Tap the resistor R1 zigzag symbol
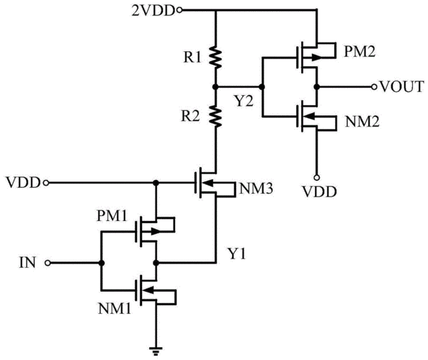point(215,58)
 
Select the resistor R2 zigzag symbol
point(215,117)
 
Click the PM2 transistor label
point(360,51)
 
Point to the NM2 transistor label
point(362,122)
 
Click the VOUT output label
point(402,86)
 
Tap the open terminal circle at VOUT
point(374,87)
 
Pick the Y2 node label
point(244,102)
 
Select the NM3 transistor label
point(256,189)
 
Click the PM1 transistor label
point(112,216)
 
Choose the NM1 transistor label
point(115,309)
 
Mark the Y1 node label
point(237,254)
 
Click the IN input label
point(27,263)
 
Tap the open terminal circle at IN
point(48,263)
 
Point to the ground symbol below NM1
point(156,351)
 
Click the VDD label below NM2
point(319,192)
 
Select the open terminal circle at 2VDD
point(179,11)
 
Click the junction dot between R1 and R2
point(215,87)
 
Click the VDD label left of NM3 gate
point(23,182)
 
